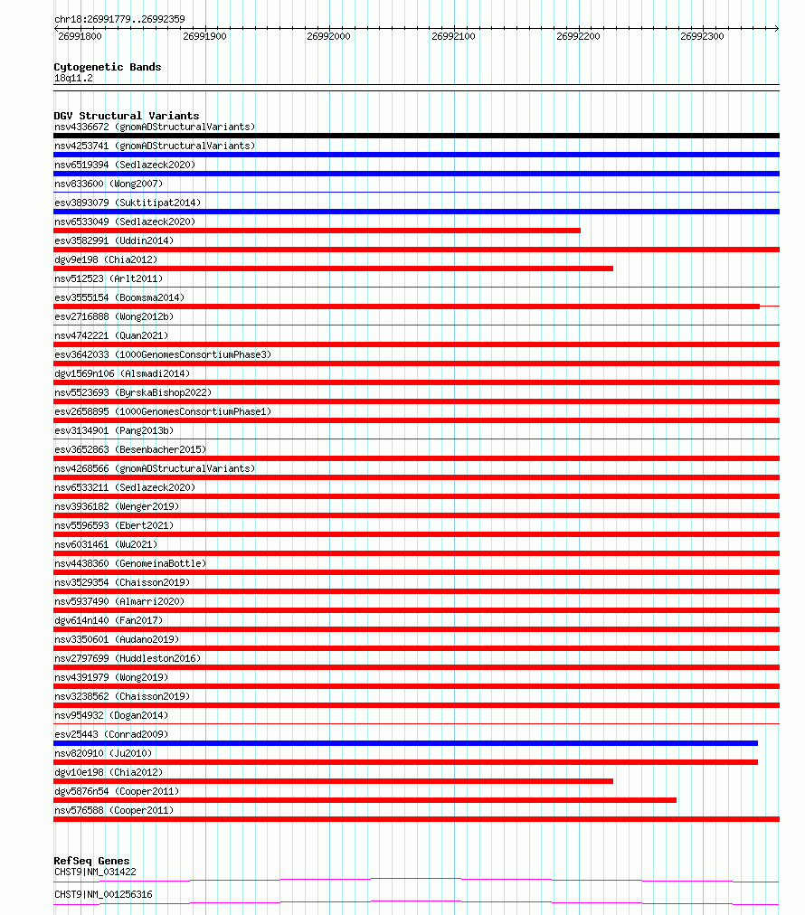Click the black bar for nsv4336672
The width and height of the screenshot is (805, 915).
[x=416, y=136]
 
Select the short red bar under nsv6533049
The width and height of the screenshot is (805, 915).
[x=317, y=231]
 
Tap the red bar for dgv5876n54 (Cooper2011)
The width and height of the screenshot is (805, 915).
[x=365, y=800]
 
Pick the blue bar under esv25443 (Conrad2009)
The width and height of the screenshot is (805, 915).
[x=405, y=743]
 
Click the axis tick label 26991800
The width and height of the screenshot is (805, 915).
[x=80, y=36]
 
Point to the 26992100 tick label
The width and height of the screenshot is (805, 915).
[x=453, y=36]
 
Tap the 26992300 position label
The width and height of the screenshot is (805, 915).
[x=702, y=36]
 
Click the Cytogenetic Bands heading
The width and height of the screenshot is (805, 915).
[x=108, y=67]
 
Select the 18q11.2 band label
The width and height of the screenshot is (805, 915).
[x=73, y=78]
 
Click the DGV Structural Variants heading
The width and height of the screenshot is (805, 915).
[x=127, y=116]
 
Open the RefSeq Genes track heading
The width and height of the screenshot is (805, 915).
[x=91, y=861]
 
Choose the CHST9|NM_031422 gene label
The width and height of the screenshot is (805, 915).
[x=95, y=872]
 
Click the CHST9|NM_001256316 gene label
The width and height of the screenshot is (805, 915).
[x=103, y=894]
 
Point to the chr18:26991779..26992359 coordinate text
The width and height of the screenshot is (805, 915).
[x=119, y=19]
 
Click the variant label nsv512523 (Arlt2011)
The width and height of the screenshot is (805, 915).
[x=109, y=278]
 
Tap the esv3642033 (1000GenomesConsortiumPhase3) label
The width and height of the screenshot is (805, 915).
[x=162, y=354]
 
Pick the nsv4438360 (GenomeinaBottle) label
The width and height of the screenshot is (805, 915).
[x=130, y=563]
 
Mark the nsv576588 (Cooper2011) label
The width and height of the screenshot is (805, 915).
[x=114, y=810]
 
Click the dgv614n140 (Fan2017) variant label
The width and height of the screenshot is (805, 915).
[x=109, y=620]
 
